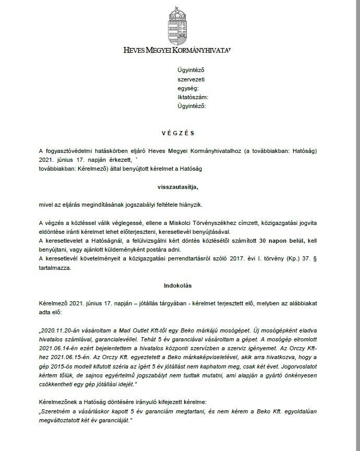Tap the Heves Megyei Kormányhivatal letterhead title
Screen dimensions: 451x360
(x=177, y=51)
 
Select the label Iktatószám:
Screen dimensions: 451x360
(x=193, y=97)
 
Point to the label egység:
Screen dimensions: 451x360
(x=189, y=88)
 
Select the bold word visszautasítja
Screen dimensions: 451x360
(x=178, y=186)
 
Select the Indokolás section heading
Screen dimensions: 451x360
(x=179, y=286)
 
